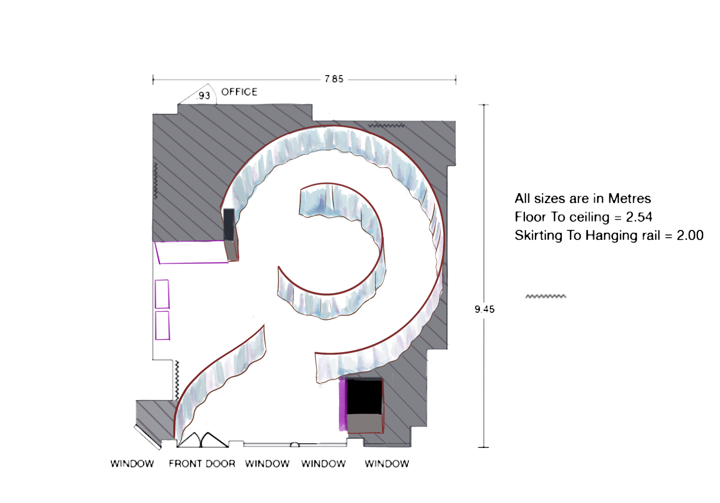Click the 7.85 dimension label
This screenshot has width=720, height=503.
click(334, 79)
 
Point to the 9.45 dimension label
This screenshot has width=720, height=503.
click(485, 309)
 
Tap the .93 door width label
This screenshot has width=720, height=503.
click(203, 95)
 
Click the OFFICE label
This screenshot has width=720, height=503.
click(239, 92)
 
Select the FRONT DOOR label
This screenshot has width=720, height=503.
click(202, 463)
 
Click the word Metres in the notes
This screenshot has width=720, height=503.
click(629, 198)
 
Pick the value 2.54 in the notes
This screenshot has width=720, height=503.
click(639, 217)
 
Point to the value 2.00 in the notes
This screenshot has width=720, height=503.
click(690, 235)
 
